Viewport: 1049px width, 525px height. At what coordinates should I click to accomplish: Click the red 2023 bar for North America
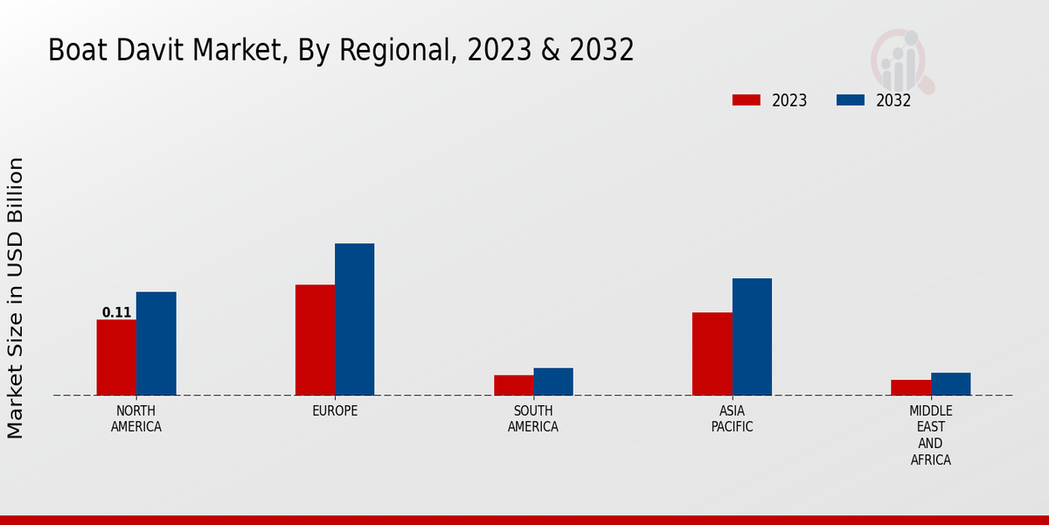click(x=116, y=357)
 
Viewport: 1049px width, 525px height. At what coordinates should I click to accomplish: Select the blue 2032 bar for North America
click(x=156, y=343)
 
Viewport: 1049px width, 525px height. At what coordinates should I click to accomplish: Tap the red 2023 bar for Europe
click(x=315, y=339)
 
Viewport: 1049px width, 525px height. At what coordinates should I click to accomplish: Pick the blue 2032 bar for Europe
click(x=354, y=319)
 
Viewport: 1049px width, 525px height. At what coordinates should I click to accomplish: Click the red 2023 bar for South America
click(x=513, y=385)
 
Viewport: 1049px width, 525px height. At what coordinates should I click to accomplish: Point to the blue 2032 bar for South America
click(x=553, y=381)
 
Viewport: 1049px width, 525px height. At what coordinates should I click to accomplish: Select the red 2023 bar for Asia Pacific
click(x=712, y=353)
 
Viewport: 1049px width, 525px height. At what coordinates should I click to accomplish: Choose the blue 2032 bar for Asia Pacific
click(x=752, y=337)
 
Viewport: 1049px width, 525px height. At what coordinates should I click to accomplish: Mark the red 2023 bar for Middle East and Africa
click(x=911, y=387)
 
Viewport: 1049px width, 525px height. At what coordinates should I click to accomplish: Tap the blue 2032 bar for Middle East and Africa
click(x=950, y=384)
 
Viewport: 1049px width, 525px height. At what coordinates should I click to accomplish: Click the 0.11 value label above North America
click(x=116, y=312)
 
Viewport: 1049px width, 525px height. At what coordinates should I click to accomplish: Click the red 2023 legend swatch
click(x=746, y=100)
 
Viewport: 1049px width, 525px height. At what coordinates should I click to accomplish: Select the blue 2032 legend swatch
click(x=850, y=100)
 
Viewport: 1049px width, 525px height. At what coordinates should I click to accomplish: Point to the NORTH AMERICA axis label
click(x=135, y=419)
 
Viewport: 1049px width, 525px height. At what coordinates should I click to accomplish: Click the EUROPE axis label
click(x=335, y=411)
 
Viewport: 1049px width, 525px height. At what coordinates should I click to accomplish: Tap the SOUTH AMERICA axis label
click(x=533, y=419)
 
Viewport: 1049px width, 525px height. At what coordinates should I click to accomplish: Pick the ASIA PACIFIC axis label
click(x=732, y=419)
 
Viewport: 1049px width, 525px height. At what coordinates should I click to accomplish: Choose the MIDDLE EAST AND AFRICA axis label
click(x=930, y=436)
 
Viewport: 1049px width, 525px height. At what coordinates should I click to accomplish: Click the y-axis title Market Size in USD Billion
click(x=16, y=297)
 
